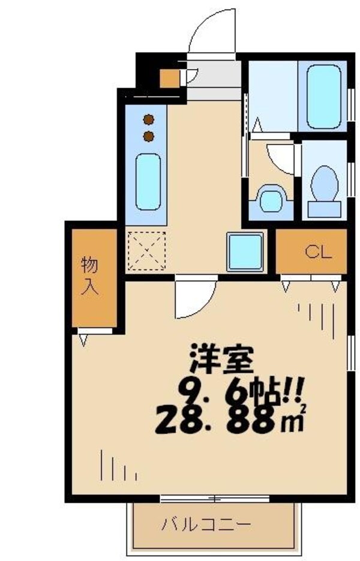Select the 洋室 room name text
pyautogui.click(x=221, y=359)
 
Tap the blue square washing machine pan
pyautogui.click(x=244, y=251)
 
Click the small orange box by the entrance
pyautogui.click(x=170, y=79)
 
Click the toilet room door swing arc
pyautogui.click(x=281, y=157)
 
